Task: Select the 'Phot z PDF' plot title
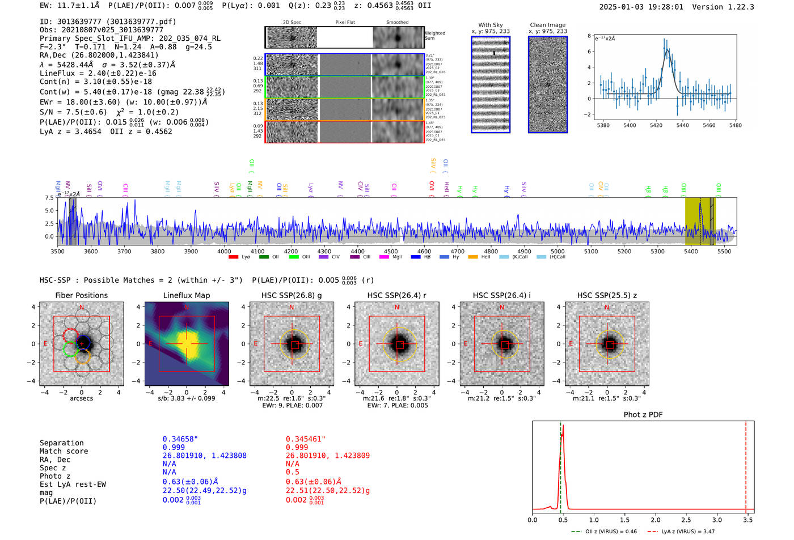(x=643, y=415)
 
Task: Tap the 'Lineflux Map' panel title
(x=187, y=295)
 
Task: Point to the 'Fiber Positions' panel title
(x=82, y=295)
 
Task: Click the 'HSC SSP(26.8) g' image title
(x=292, y=295)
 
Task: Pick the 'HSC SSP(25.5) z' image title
(x=607, y=295)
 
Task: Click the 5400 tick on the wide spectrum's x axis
(x=691, y=252)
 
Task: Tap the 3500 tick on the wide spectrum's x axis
(x=58, y=252)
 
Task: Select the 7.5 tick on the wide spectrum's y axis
(x=49, y=198)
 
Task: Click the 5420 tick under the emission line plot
(x=656, y=125)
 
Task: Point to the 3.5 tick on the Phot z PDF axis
(x=748, y=520)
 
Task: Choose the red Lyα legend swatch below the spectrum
(x=233, y=257)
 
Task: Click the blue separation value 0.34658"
(x=180, y=439)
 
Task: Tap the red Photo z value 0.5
(x=293, y=472)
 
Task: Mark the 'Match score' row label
(x=64, y=452)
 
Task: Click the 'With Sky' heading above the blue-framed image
(x=491, y=25)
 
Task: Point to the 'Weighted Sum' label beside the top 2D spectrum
(x=434, y=36)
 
